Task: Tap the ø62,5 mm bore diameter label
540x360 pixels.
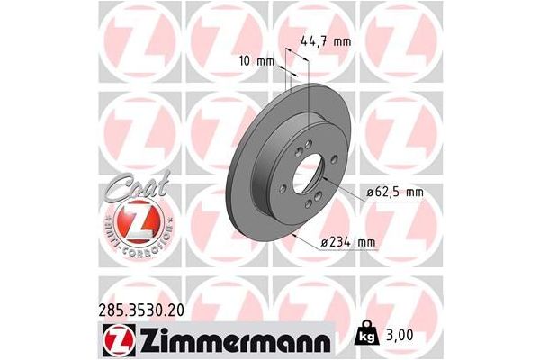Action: pos(394,192)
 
